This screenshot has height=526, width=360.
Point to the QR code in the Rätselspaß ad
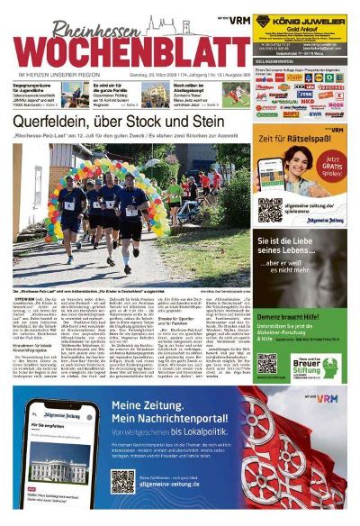(270, 209)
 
